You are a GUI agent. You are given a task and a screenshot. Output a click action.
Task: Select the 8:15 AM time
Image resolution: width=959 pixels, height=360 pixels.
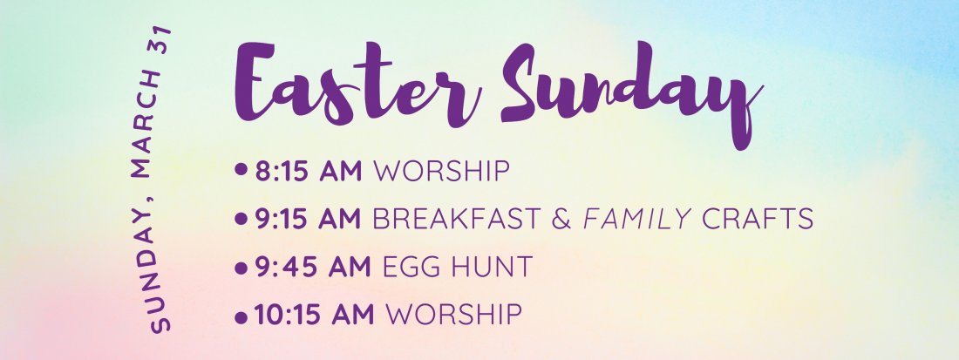click(x=308, y=171)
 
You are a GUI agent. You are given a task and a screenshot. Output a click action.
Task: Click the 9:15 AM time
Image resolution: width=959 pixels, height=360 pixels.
click(x=308, y=219)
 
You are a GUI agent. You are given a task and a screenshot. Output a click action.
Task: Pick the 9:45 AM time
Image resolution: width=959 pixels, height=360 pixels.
click(x=309, y=267)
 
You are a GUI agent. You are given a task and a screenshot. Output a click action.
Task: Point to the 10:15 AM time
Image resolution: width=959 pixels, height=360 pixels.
click(x=314, y=314)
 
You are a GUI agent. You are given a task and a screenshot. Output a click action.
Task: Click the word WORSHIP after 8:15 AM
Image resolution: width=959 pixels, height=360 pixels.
click(x=440, y=171)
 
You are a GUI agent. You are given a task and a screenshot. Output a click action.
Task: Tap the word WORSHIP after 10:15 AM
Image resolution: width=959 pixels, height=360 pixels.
click(x=453, y=314)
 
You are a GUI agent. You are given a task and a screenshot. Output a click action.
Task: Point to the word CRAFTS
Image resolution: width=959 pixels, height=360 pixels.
click(x=758, y=219)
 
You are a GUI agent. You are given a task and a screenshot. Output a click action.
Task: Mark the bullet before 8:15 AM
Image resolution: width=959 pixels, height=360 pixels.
click(x=241, y=171)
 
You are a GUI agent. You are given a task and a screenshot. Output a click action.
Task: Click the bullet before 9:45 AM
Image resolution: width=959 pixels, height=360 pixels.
click(x=241, y=267)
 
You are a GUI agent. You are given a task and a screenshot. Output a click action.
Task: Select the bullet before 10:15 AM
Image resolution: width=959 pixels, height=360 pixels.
click(x=241, y=315)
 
